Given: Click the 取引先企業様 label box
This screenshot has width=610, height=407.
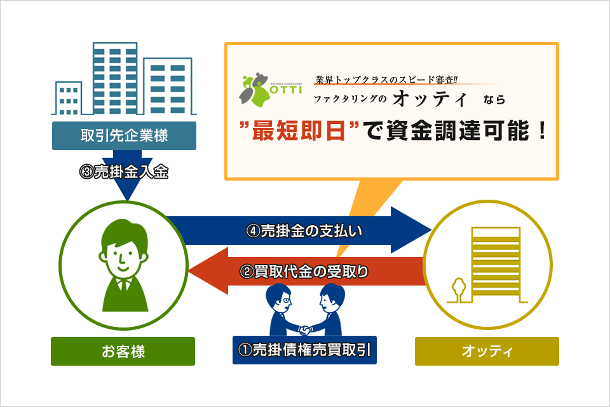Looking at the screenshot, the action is click(124, 135).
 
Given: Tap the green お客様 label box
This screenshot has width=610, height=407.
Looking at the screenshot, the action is click(123, 351).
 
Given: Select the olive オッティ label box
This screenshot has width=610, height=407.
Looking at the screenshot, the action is click(487, 351).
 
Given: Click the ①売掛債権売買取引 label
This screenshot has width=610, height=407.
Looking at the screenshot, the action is click(304, 350).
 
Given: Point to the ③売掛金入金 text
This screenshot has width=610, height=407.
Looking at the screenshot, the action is click(124, 172).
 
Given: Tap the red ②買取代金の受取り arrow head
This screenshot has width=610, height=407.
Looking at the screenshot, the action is click(208, 271).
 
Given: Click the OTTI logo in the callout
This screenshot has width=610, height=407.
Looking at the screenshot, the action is click(271, 90).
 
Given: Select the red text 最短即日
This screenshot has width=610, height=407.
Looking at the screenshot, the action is click(299, 130).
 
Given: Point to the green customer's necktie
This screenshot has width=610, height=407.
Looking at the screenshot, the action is click(125, 286).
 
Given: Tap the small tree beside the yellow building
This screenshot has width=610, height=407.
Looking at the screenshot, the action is click(459, 290).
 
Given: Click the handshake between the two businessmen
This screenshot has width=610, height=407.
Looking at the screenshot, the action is click(304, 330).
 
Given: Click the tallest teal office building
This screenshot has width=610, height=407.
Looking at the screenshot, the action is click(115, 78).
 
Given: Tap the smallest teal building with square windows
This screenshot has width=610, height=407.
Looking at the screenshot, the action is click(69, 98).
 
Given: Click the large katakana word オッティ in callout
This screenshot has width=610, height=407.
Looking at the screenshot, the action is click(430, 99).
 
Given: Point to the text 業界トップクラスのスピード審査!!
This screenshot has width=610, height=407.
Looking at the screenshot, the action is click(386, 80).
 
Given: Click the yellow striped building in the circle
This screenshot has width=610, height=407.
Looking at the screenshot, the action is click(496, 265).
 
